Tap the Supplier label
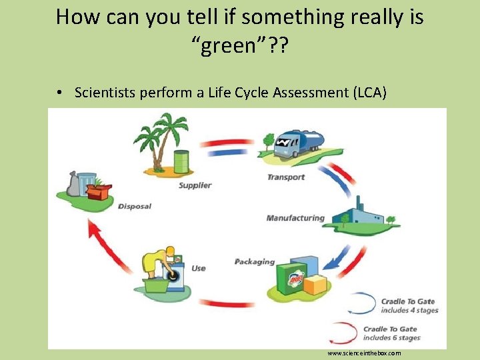point(195,185)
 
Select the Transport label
point(286,177)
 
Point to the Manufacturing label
point(295,218)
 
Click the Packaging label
point(255,261)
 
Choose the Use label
point(198,268)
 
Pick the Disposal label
point(135,206)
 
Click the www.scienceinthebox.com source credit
point(364,353)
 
